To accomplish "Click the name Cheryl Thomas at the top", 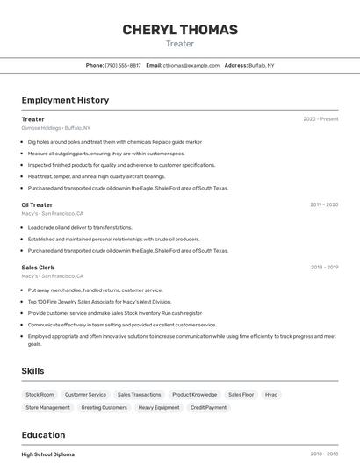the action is (180, 30).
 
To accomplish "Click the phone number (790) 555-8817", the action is (122, 65).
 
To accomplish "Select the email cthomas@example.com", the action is (191, 65).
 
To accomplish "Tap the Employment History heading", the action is (65, 100).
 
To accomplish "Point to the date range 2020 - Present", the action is (320, 119).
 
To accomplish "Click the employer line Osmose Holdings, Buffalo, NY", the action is (56, 128).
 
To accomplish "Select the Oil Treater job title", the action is (37, 205).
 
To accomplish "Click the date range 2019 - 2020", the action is (324, 205).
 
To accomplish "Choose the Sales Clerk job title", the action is (38, 268).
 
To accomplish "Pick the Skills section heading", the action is (32, 371).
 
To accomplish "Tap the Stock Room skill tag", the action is (40, 395).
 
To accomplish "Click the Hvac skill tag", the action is (271, 395).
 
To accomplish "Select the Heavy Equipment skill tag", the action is (159, 407).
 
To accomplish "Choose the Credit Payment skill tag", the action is (208, 407).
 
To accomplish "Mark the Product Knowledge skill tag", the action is (194, 395).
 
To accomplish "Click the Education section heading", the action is (43, 435).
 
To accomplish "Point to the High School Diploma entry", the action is (48, 454).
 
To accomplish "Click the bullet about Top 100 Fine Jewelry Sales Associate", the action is (99, 301).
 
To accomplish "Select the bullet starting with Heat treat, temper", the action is (97, 176).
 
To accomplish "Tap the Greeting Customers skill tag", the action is (104, 407).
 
